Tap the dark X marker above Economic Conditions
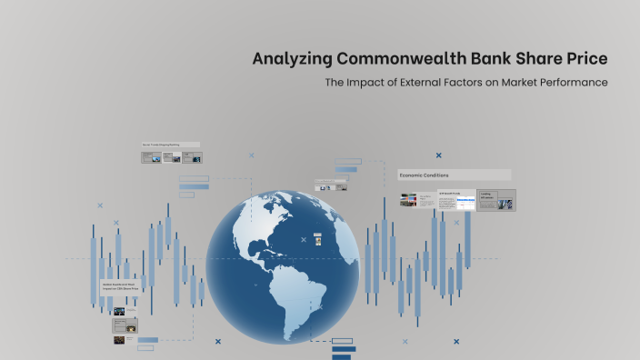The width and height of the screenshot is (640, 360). point(438,155)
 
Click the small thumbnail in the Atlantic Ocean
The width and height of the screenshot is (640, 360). point(317,240)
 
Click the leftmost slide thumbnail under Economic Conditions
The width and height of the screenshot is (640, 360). point(408,200)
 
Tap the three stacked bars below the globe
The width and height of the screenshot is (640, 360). point(344,348)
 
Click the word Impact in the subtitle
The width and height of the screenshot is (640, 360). point(369,83)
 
